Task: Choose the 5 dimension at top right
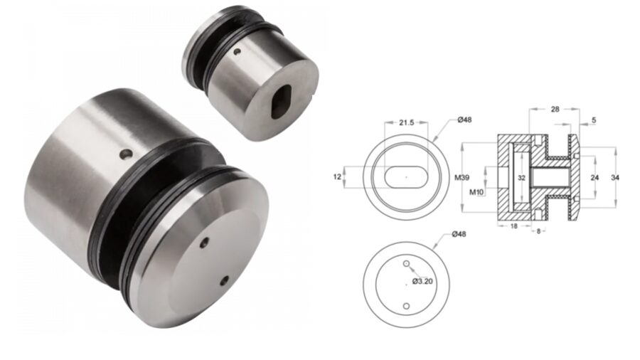[593, 121]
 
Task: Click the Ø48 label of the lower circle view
[459, 235]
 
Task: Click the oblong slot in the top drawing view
[405, 175]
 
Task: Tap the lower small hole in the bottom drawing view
[405, 307]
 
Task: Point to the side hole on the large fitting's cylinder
[126, 153]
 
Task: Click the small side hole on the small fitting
[239, 51]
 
